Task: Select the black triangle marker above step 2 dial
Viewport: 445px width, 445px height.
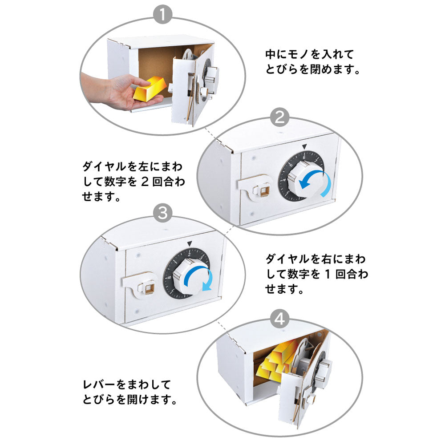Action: pos(304,146)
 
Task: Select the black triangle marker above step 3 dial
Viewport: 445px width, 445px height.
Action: pos(190,243)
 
